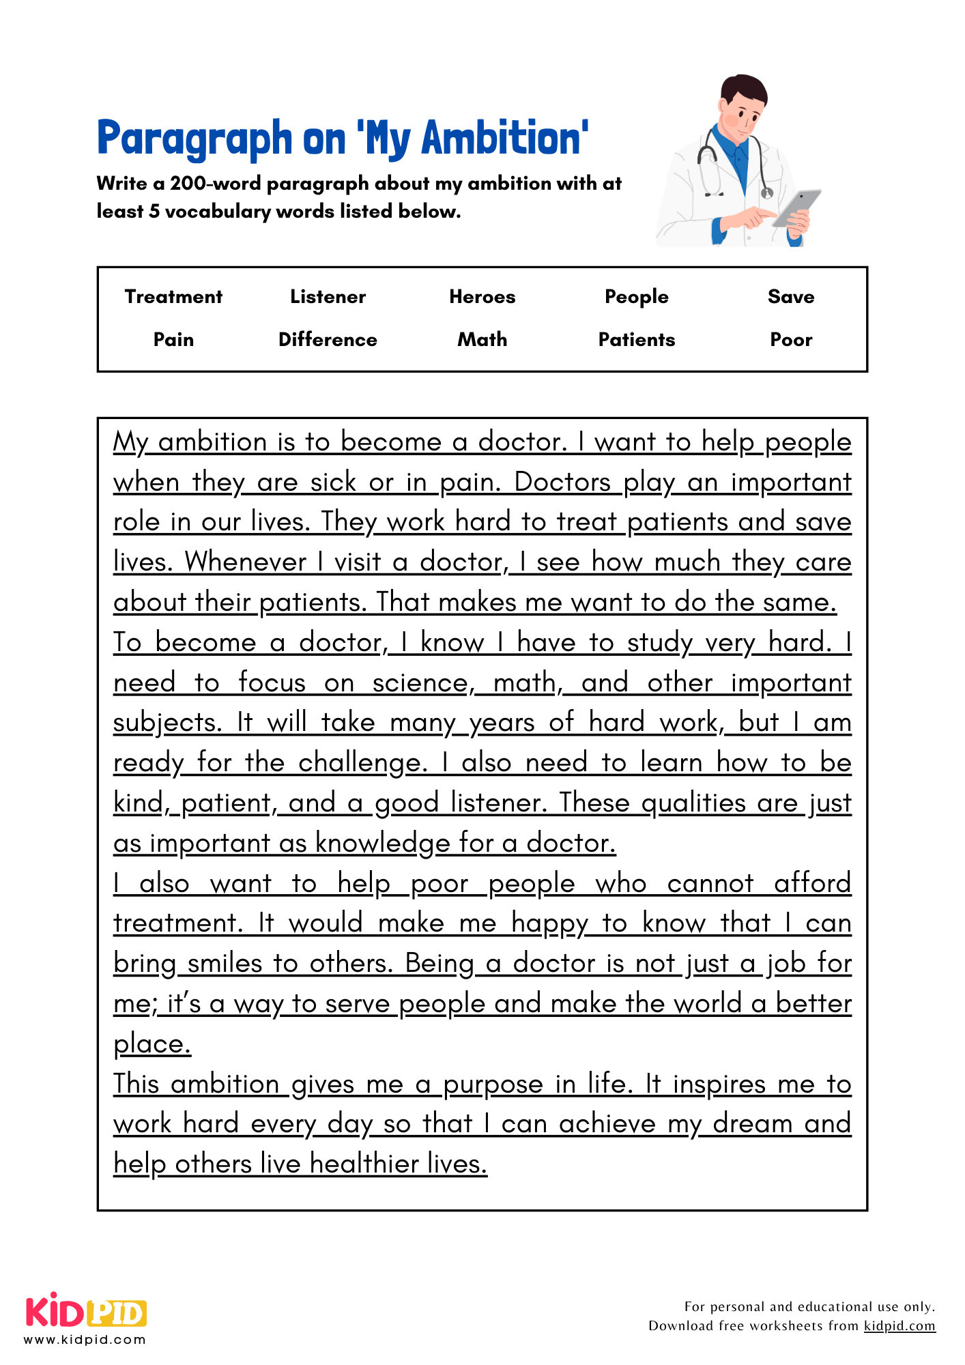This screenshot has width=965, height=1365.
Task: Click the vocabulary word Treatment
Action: [173, 297]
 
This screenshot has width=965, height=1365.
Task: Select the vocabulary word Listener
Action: [328, 297]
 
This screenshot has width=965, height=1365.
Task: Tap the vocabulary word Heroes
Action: [482, 297]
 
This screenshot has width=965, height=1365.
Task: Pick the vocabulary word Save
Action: [791, 297]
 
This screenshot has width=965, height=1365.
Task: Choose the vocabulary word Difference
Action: [328, 340]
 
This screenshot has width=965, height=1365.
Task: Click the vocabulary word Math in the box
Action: [482, 340]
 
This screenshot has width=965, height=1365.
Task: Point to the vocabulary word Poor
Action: [791, 340]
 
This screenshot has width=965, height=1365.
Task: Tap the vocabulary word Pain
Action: [173, 340]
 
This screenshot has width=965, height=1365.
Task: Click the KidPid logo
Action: [86, 1312]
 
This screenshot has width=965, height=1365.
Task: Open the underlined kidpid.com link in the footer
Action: [899, 1326]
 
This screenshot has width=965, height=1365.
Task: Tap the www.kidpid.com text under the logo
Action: [85, 1340]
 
